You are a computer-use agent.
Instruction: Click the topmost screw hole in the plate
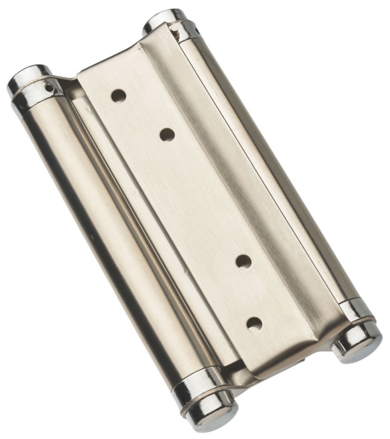coord(118,96)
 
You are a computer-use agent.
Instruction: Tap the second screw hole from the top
coord(167,135)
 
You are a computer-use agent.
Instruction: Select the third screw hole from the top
coord(243,262)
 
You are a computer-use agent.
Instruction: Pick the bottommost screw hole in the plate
coord(254,324)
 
